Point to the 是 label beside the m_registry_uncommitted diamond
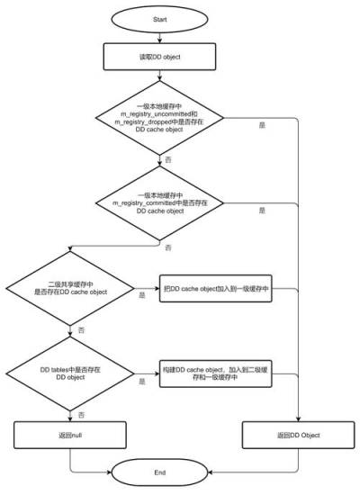point(262,125)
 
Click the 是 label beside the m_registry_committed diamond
point(262,211)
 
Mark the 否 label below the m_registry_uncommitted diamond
point(168,160)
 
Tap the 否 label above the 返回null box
point(82,415)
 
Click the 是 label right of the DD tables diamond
point(142,382)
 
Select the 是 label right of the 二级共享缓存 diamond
point(142,295)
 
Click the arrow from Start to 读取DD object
point(159,38)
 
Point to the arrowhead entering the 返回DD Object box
point(298,418)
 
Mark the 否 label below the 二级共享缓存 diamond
point(82,330)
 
